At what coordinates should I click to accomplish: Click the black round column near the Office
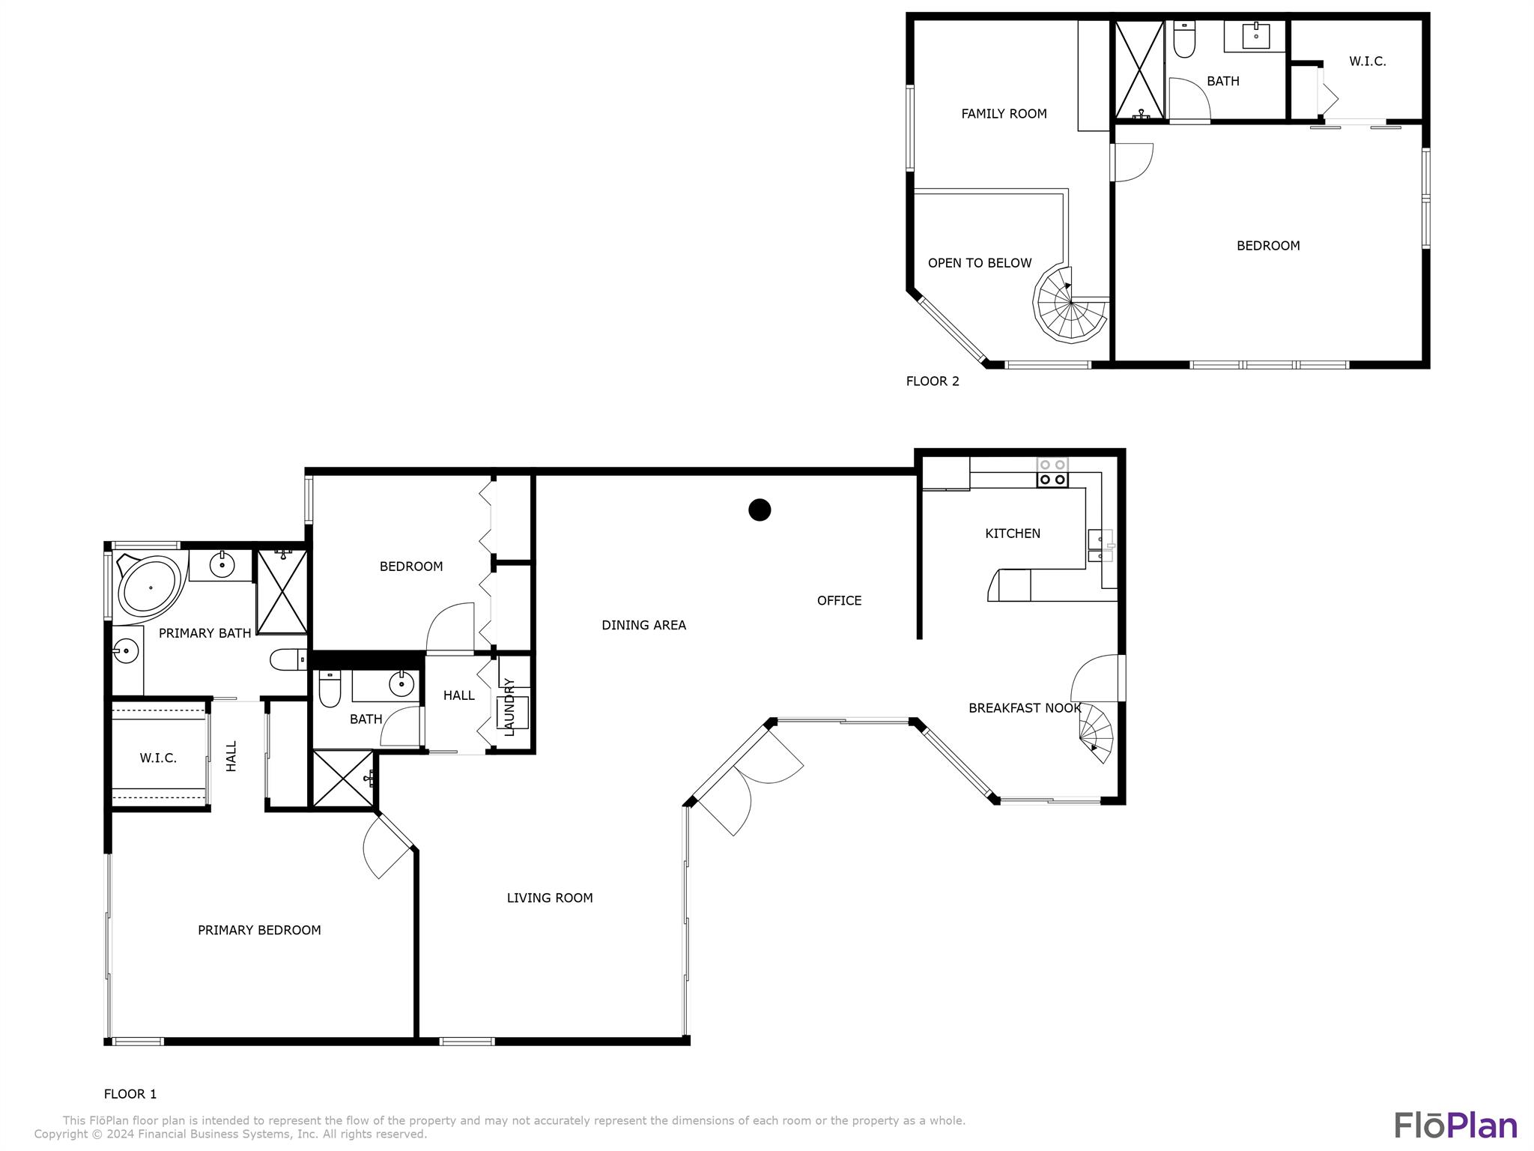[x=760, y=510]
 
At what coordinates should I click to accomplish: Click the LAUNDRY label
[x=509, y=707]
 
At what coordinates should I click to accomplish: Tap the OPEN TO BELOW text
[x=980, y=263]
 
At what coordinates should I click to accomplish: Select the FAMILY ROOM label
[x=1004, y=114]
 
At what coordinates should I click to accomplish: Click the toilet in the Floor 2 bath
[x=1183, y=39]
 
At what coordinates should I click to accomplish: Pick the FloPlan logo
[x=1455, y=1126]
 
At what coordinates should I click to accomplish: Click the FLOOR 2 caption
[x=933, y=381]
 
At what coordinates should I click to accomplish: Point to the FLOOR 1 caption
[x=130, y=1094]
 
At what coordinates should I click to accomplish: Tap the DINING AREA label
[x=643, y=625]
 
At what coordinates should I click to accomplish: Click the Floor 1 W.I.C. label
[x=158, y=758]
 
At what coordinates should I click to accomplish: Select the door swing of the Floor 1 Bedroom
[x=450, y=627]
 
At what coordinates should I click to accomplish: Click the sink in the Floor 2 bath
[x=1255, y=34]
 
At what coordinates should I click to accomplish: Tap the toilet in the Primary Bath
[x=288, y=659]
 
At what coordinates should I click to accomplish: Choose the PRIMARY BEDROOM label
[x=259, y=930]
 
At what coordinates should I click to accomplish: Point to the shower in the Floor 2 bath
[x=1139, y=70]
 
